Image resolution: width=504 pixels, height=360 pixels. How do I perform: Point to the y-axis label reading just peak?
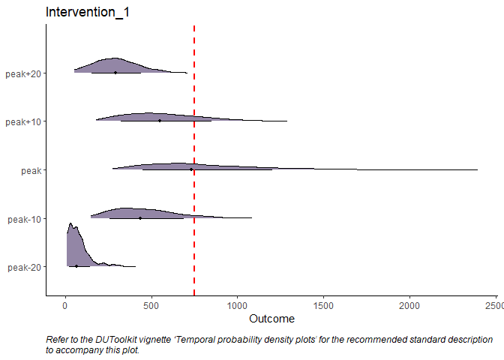point(31,170)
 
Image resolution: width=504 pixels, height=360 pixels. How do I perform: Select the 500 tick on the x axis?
point(151,306)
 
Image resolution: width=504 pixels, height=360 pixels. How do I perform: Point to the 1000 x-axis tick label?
point(238,306)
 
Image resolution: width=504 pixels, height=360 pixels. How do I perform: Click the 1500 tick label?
point(324,306)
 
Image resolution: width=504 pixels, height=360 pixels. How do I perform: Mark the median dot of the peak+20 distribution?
point(115,73)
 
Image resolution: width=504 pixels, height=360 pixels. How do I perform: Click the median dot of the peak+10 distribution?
point(159,121)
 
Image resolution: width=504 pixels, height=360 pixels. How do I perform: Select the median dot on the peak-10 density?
point(139,218)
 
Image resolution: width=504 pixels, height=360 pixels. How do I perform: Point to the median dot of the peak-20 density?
point(76,266)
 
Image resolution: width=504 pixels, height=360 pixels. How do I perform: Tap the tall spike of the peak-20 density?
point(70,229)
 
